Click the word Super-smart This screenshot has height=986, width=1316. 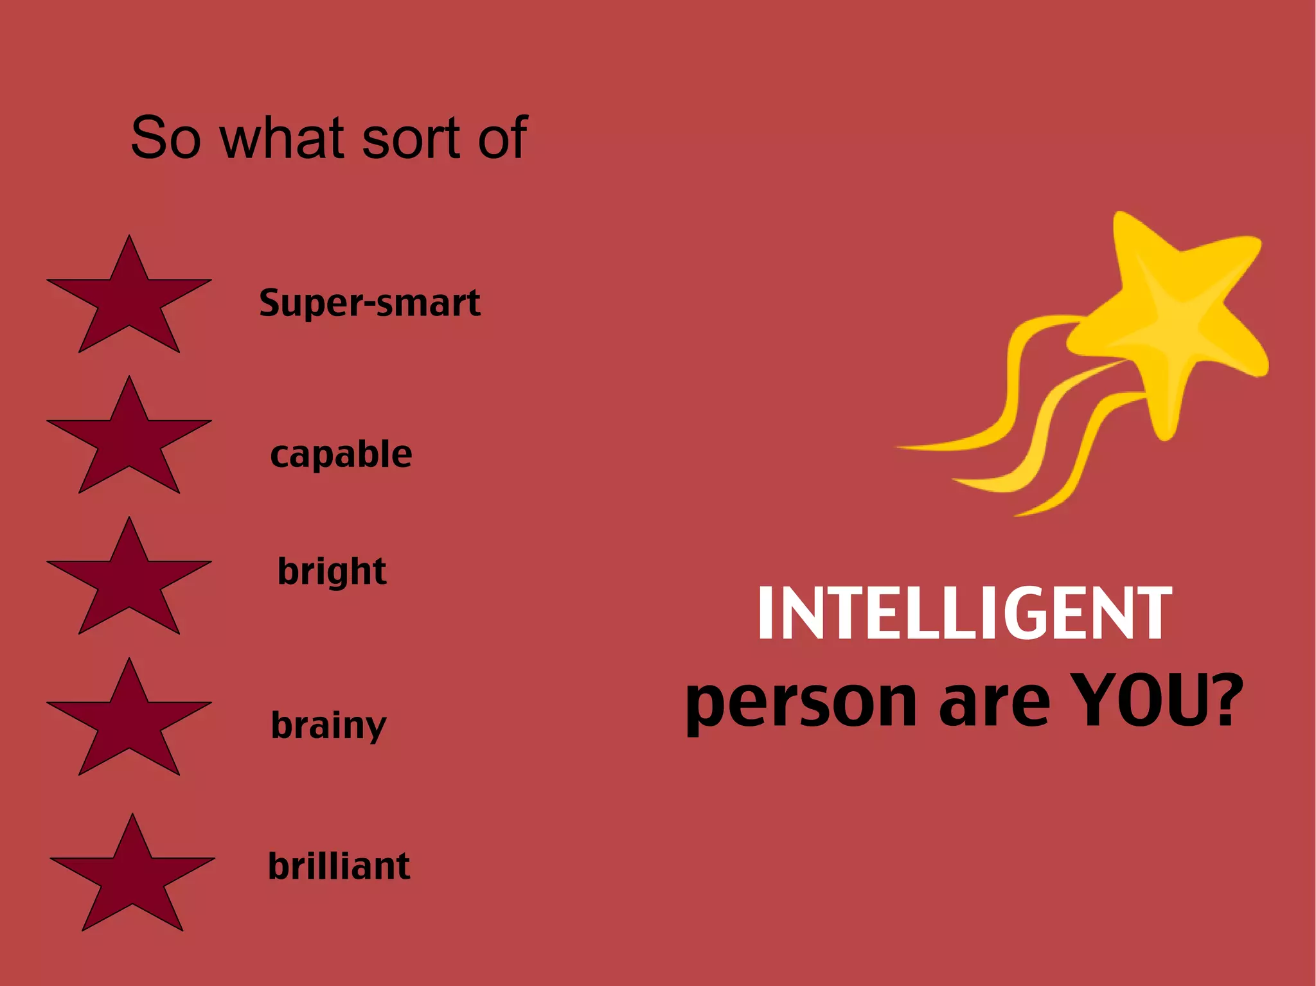point(369,303)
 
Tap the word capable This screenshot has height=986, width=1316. point(341,454)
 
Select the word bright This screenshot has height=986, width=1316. point(332,571)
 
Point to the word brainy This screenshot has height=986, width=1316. point(328,725)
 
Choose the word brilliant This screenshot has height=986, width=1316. point(339,866)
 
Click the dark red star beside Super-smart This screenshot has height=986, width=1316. point(129,302)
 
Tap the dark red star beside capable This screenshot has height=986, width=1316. point(129,443)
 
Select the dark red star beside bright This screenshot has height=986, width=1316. point(129,583)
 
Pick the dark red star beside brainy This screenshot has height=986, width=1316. point(129,724)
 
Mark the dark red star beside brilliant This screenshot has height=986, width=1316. point(132,880)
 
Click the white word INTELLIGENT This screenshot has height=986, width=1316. point(964,614)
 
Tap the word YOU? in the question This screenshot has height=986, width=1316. point(1157,701)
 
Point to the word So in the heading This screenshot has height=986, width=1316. point(166,138)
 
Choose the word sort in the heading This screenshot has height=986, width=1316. point(410,138)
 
